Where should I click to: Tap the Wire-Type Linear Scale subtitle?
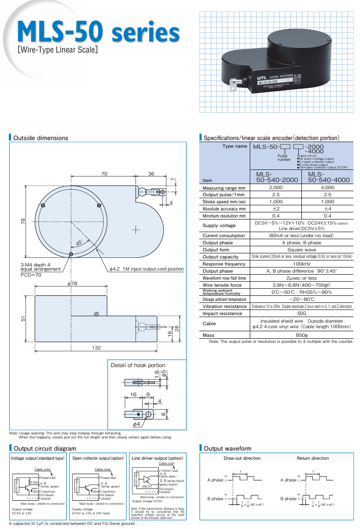click(x=57, y=50)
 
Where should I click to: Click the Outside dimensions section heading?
click(x=40, y=138)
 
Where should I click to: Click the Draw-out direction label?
click(x=242, y=458)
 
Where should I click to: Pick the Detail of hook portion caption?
click(x=138, y=365)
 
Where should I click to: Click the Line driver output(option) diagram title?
click(x=157, y=458)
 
